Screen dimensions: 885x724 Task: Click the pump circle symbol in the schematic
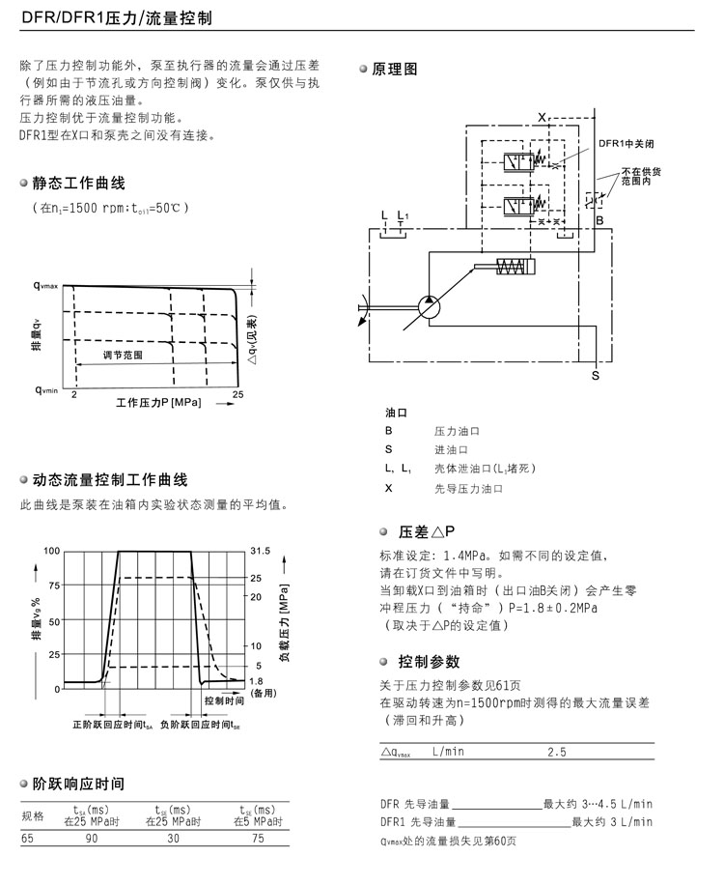point(428,307)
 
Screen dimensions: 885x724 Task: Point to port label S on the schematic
point(595,374)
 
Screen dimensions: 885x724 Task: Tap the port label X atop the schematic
point(542,116)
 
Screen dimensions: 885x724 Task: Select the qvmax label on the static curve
point(45,286)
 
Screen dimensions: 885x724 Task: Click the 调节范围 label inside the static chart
point(124,356)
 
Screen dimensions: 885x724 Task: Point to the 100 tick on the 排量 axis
point(51,551)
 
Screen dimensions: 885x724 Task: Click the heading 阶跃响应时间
point(78,784)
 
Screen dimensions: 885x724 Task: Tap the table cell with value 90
point(92,840)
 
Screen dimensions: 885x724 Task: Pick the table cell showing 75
point(258,840)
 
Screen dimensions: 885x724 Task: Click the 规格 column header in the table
point(33,815)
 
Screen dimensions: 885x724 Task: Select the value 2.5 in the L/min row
point(557,751)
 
